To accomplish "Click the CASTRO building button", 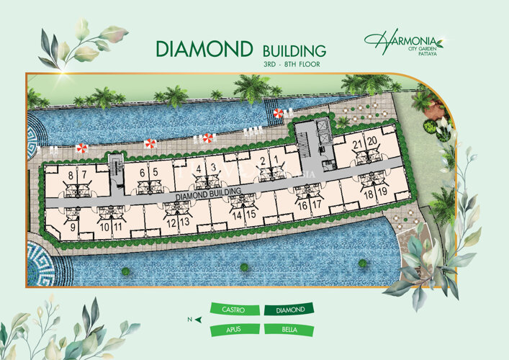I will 234,310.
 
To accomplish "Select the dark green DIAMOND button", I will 289,310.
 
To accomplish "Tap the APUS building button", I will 234,330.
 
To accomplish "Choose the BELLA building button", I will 289,330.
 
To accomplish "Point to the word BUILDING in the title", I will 294,51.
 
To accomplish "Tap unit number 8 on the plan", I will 70,174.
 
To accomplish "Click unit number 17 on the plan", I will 317,204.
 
